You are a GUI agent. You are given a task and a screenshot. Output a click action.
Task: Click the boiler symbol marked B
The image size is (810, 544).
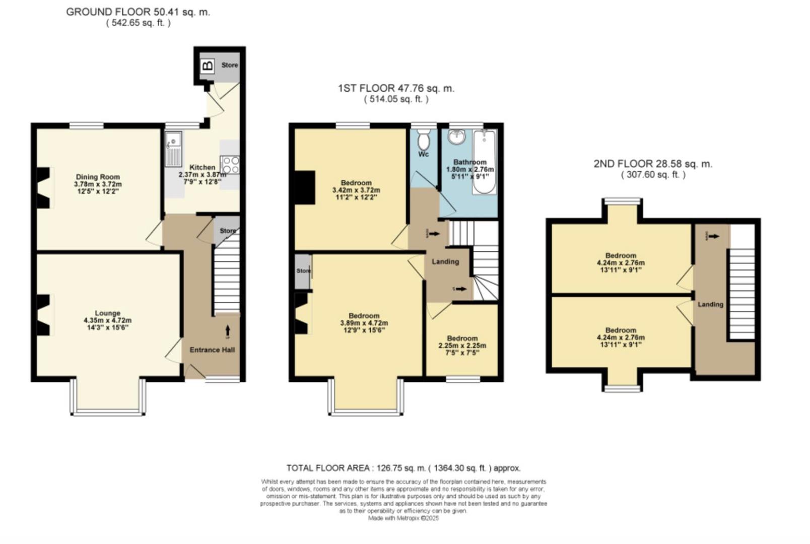208,65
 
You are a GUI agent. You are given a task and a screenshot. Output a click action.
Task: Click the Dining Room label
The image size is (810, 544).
98,177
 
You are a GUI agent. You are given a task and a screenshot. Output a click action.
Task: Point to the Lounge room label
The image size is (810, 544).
108,313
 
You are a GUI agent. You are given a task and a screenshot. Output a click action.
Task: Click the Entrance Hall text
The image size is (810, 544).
212,350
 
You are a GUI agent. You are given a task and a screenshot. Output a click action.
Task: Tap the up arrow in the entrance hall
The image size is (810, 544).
227,330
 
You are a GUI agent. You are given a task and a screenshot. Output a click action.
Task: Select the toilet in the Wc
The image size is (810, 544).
424,138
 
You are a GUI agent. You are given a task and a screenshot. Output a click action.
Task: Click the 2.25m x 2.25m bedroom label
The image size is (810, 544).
462,346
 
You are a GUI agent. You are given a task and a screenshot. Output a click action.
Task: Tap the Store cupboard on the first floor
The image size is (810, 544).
303,271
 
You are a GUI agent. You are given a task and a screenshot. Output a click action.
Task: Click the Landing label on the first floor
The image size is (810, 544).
445,261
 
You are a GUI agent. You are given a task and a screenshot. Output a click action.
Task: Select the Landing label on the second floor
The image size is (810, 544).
710,304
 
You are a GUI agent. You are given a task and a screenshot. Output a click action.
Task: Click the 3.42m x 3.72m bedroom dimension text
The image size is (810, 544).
356,190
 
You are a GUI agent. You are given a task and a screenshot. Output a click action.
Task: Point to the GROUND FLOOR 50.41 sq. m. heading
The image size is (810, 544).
138,12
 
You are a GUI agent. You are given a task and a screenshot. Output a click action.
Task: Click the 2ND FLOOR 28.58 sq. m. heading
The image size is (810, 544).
653,164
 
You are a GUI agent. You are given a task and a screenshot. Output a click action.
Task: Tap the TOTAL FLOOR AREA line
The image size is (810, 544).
403,468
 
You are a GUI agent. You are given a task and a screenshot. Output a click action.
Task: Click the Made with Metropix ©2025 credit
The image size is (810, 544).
403,518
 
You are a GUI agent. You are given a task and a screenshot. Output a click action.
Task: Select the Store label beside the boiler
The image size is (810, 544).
230,65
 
